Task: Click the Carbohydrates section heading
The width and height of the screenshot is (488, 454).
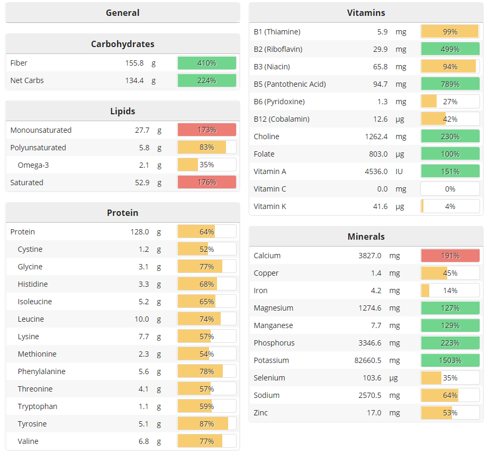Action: [x=122, y=44]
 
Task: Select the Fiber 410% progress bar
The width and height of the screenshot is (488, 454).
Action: [x=206, y=63]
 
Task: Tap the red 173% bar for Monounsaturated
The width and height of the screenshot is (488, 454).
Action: [x=206, y=130]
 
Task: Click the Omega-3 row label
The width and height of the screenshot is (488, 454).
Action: [x=33, y=165]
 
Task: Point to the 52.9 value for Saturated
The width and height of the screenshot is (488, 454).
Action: [x=141, y=183]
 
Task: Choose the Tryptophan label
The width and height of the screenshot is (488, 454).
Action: [x=37, y=406]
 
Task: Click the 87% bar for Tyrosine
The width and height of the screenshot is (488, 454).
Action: [x=206, y=424]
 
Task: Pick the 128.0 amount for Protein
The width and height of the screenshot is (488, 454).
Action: [x=140, y=232]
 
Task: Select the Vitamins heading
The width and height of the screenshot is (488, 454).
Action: [x=366, y=13]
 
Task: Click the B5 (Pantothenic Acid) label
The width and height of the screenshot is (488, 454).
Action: [x=290, y=84]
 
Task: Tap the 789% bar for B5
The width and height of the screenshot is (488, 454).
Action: [x=450, y=84]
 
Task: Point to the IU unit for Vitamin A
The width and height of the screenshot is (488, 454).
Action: [x=399, y=171]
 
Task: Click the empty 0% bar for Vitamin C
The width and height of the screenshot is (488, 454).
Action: [x=450, y=189]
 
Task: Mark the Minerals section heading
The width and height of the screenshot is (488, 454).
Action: [x=366, y=237]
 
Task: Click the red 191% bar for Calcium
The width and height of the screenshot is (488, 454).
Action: [x=450, y=256]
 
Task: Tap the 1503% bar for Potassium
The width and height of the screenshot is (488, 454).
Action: [x=450, y=360]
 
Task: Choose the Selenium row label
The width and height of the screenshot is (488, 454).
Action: [x=269, y=378]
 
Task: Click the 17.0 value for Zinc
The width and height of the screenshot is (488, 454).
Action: [x=374, y=413]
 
